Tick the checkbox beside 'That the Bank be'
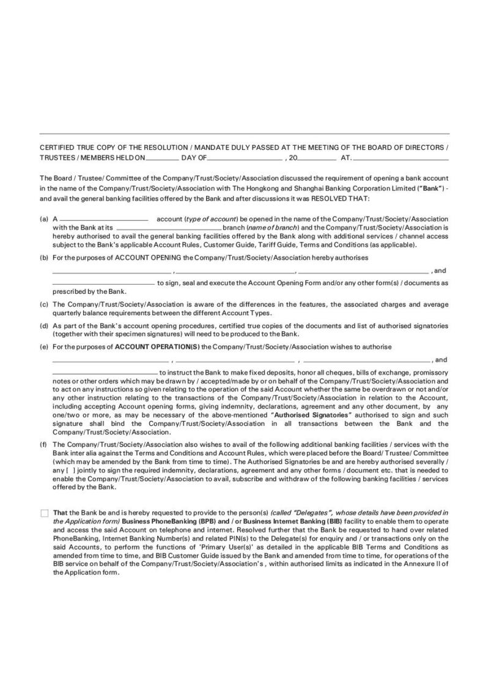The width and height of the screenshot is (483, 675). coord(44,513)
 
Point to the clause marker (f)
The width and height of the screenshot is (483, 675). coord(44,444)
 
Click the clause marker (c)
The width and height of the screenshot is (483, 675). coord(44,304)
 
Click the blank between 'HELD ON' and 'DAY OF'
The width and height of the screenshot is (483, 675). coord(162,158)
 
